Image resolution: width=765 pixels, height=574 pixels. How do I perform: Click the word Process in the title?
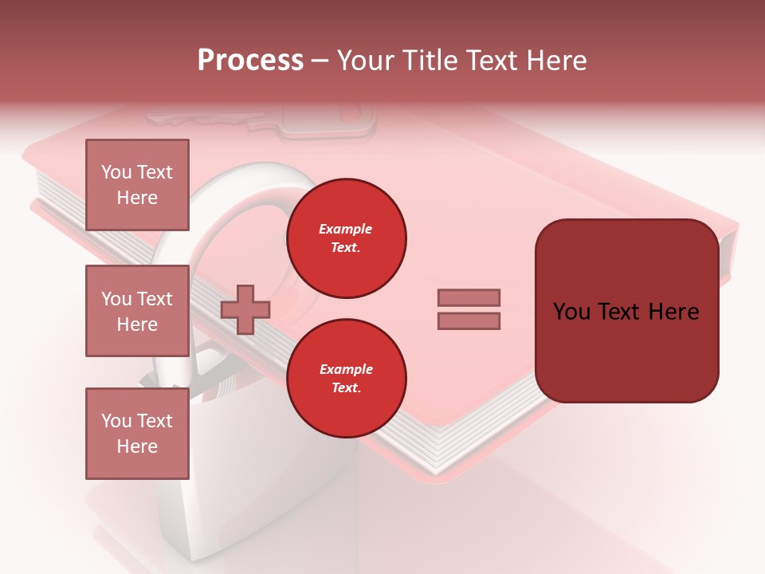pyautogui.click(x=250, y=61)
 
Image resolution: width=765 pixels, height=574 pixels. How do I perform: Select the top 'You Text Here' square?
pyautogui.click(x=137, y=185)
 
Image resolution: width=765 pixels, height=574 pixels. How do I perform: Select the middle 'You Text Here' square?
pyautogui.click(x=137, y=311)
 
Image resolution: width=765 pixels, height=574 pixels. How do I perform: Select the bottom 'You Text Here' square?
pyautogui.click(x=137, y=433)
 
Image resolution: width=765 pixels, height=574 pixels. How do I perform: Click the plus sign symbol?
pyautogui.click(x=245, y=309)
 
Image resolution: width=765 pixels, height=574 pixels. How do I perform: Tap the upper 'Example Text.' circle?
pyautogui.click(x=347, y=238)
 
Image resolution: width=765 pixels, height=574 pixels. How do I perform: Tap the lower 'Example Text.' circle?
pyautogui.click(x=347, y=379)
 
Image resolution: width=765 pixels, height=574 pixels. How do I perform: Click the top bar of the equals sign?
pyautogui.click(x=469, y=297)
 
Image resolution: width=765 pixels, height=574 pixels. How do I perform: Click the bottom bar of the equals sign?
pyautogui.click(x=469, y=320)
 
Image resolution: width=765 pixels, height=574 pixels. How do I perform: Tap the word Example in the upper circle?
pyautogui.click(x=346, y=229)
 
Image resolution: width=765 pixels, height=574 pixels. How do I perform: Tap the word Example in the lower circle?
pyautogui.click(x=346, y=369)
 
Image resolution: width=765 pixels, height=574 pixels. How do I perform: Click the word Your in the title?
pyautogui.click(x=366, y=61)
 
